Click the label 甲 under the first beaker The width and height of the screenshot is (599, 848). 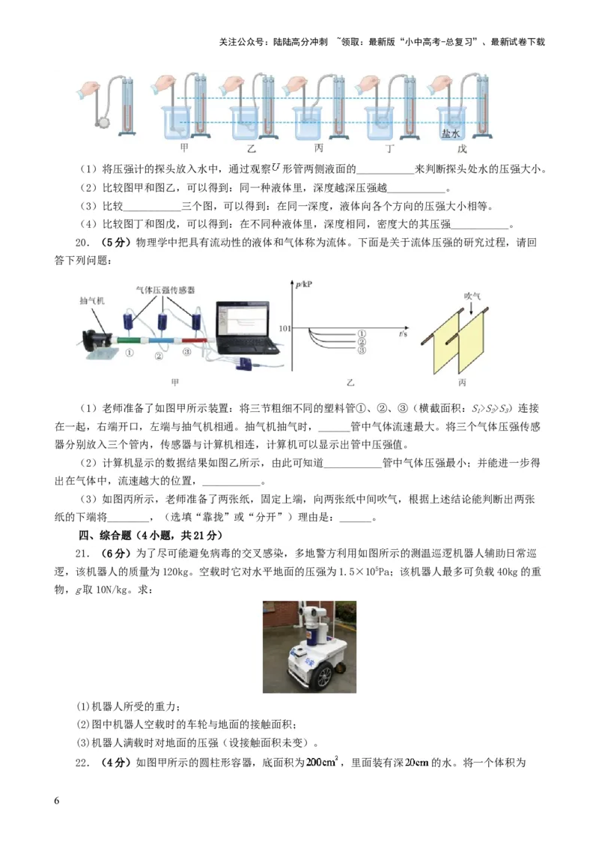tap(185, 148)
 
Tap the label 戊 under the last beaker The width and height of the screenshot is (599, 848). tap(451, 148)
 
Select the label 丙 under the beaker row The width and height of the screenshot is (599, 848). tap(318, 148)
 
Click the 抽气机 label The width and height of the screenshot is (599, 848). tap(93, 301)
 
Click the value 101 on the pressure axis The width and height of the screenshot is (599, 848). tap(284, 328)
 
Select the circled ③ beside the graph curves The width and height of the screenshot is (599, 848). tap(361, 350)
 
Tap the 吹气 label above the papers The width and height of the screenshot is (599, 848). tap(471, 295)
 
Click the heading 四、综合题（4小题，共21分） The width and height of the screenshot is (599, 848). tap(150, 536)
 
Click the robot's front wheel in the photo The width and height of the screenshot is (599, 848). tap(324, 676)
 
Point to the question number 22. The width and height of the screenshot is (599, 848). tap(82, 763)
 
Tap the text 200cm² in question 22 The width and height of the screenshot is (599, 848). tap(322, 763)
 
